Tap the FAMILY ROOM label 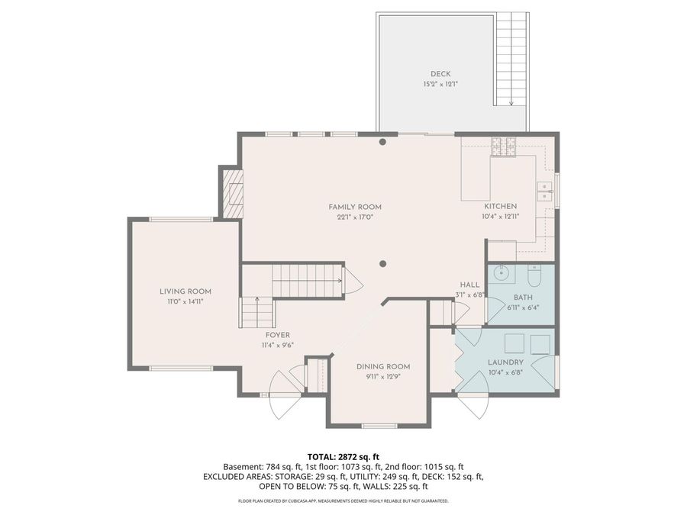pos(355,207)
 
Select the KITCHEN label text pos(501,207)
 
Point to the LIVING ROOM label pos(185,291)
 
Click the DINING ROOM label pos(383,366)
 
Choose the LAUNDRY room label pos(505,362)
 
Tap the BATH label pos(522,298)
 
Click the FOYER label pos(277,335)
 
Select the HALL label pos(469,284)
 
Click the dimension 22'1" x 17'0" pos(355,217)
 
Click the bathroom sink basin pos(502,271)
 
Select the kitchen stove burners pos(503,143)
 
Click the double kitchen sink pos(545,191)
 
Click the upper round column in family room pos(383,142)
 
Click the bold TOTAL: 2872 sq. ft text pos(343,456)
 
